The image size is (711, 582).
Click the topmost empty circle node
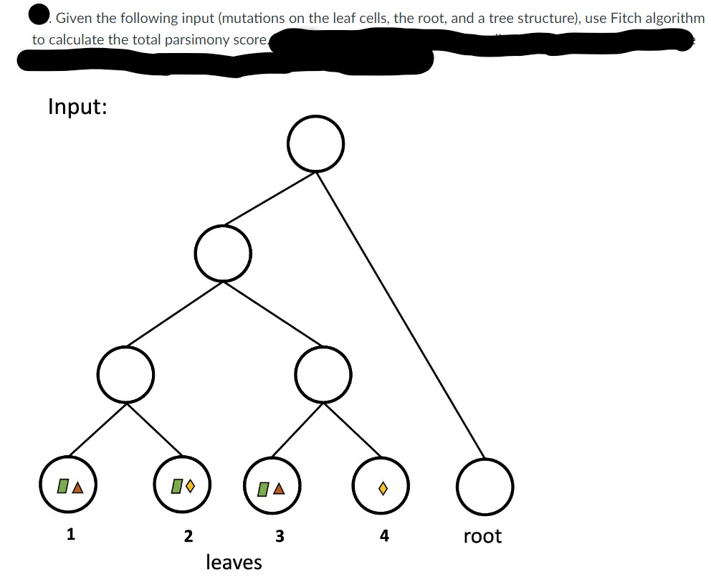click(315, 143)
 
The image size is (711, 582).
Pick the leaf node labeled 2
click(181, 485)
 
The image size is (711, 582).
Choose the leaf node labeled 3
click(272, 486)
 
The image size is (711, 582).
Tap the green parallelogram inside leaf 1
click(63, 487)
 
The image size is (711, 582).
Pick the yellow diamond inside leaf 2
click(189, 487)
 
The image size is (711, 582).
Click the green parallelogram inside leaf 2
click(175, 487)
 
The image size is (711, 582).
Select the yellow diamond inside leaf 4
click(383, 488)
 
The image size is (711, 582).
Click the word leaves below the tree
click(234, 562)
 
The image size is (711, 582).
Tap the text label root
click(482, 536)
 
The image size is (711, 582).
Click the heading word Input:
click(77, 107)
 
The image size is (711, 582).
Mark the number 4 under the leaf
click(384, 535)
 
